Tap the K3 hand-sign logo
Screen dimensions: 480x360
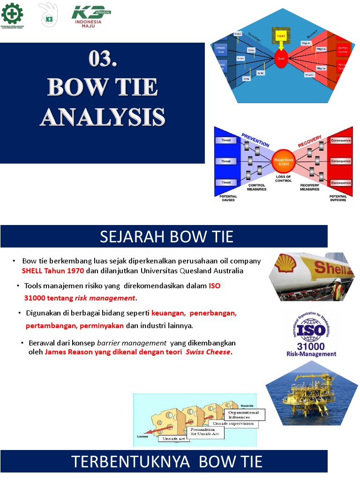coord(48,15)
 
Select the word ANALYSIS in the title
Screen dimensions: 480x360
coord(102,117)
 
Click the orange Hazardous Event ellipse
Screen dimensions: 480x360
coord(284,162)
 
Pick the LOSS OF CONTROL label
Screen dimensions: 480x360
coord(284,179)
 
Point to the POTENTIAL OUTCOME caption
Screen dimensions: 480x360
coord(338,198)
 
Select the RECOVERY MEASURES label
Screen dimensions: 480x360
coord(310,187)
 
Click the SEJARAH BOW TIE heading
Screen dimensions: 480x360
coord(166,237)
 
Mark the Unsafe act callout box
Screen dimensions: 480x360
coord(174,439)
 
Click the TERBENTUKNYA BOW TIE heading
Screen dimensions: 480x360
coord(166,462)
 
